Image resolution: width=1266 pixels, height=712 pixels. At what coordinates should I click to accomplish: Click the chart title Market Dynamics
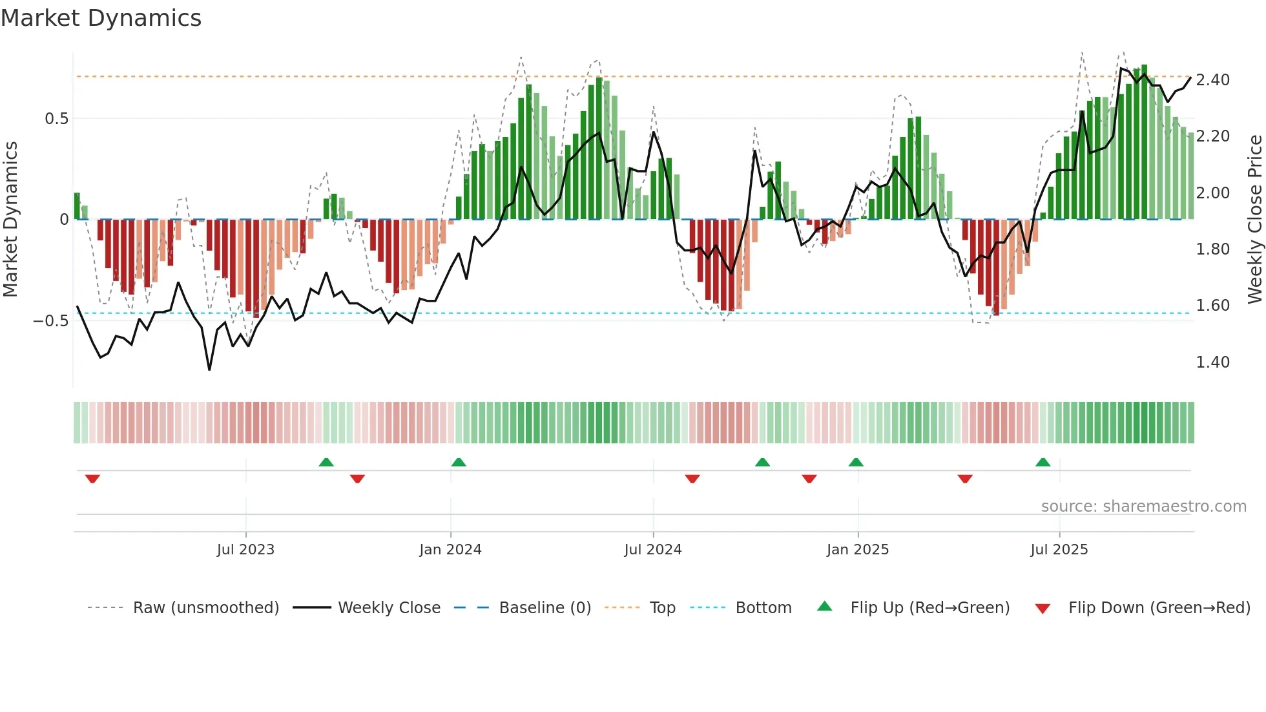(x=101, y=18)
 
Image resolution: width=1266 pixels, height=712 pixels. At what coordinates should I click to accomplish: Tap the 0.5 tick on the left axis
(x=56, y=119)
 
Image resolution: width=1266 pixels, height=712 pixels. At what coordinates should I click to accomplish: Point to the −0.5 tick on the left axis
(x=50, y=321)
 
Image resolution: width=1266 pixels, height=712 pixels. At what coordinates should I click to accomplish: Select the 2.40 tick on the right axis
(x=1212, y=80)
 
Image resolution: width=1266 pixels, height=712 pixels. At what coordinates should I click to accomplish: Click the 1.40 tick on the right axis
(x=1212, y=362)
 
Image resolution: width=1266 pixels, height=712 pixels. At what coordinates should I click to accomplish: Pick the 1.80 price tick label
(x=1212, y=249)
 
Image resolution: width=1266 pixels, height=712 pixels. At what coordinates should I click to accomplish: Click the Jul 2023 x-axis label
(x=245, y=550)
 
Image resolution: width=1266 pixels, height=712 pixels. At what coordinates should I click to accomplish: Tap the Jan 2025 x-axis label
(x=857, y=550)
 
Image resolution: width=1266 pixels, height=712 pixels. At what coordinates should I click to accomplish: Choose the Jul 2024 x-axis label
(x=652, y=550)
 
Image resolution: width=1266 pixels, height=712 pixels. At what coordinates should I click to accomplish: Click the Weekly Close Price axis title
(x=1254, y=220)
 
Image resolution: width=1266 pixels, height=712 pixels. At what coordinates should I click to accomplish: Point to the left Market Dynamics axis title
(x=10, y=220)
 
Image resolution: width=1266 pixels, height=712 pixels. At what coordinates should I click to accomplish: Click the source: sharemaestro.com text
(x=1143, y=507)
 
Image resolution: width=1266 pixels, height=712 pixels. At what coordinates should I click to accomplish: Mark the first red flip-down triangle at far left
(x=92, y=479)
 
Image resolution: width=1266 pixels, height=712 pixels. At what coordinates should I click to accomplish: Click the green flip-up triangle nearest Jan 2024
(x=459, y=462)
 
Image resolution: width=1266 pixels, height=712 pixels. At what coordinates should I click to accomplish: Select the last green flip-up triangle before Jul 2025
(x=1043, y=462)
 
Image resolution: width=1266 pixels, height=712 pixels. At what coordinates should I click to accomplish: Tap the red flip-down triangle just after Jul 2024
(x=692, y=479)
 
